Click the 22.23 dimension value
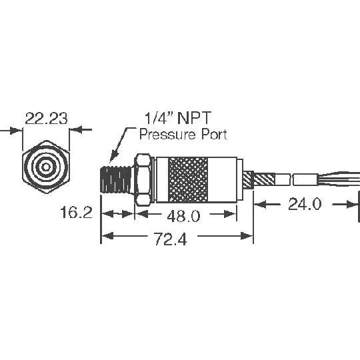pyautogui.click(x=47, y=119)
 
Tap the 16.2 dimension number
pyautogui.click(x=76, y=212)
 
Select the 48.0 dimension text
pyautogui.click(x=183, y=216)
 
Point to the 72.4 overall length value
pyautogui.click(x=170, y=239)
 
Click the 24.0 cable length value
pyautogui.click(x=305, y=204)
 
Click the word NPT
pyautogui.click(x=194, y=118)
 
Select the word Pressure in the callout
pyautogui.click(x=167, y=134)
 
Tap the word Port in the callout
pyautogui.click(x=214, y=134)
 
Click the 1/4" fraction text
pyautogui.click(x=159, y=118)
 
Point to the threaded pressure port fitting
pyautogui.click(x=116, y=179)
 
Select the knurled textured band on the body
pyautogui.click(x=188, y=180)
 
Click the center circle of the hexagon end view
pyautogui.click(x=46, y=167)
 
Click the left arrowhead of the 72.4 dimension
pyautogui.click(x=107, y=235)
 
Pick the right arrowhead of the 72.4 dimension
pyautogui.click(x=247, y=235)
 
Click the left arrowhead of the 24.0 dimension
pyautogui.click(x=260, y=204)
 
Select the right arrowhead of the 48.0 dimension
pyautogui.click(x=230, y=214)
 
